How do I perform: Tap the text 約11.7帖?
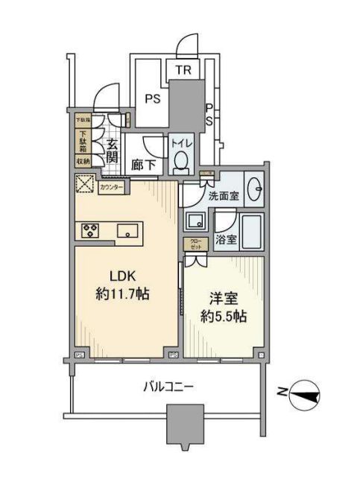[x=123, y=294]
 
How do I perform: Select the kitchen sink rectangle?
[x=127, y=230]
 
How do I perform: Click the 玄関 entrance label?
[x=113, y=151]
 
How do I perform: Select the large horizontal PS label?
[x=152, y=98]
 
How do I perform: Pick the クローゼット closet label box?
[x=194, y=244]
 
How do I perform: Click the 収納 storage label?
[x=82, y=161]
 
